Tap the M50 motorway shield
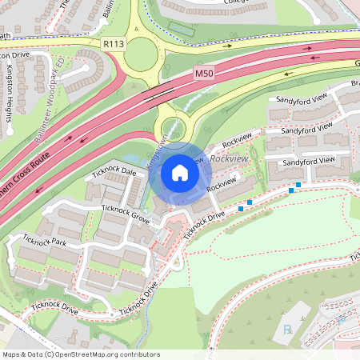point(205,73)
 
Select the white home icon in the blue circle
point(180,172)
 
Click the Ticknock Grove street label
point(126,214)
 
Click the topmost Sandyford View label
point(298,99)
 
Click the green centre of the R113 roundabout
point(141,54)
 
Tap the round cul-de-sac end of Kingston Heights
point(10,127)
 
